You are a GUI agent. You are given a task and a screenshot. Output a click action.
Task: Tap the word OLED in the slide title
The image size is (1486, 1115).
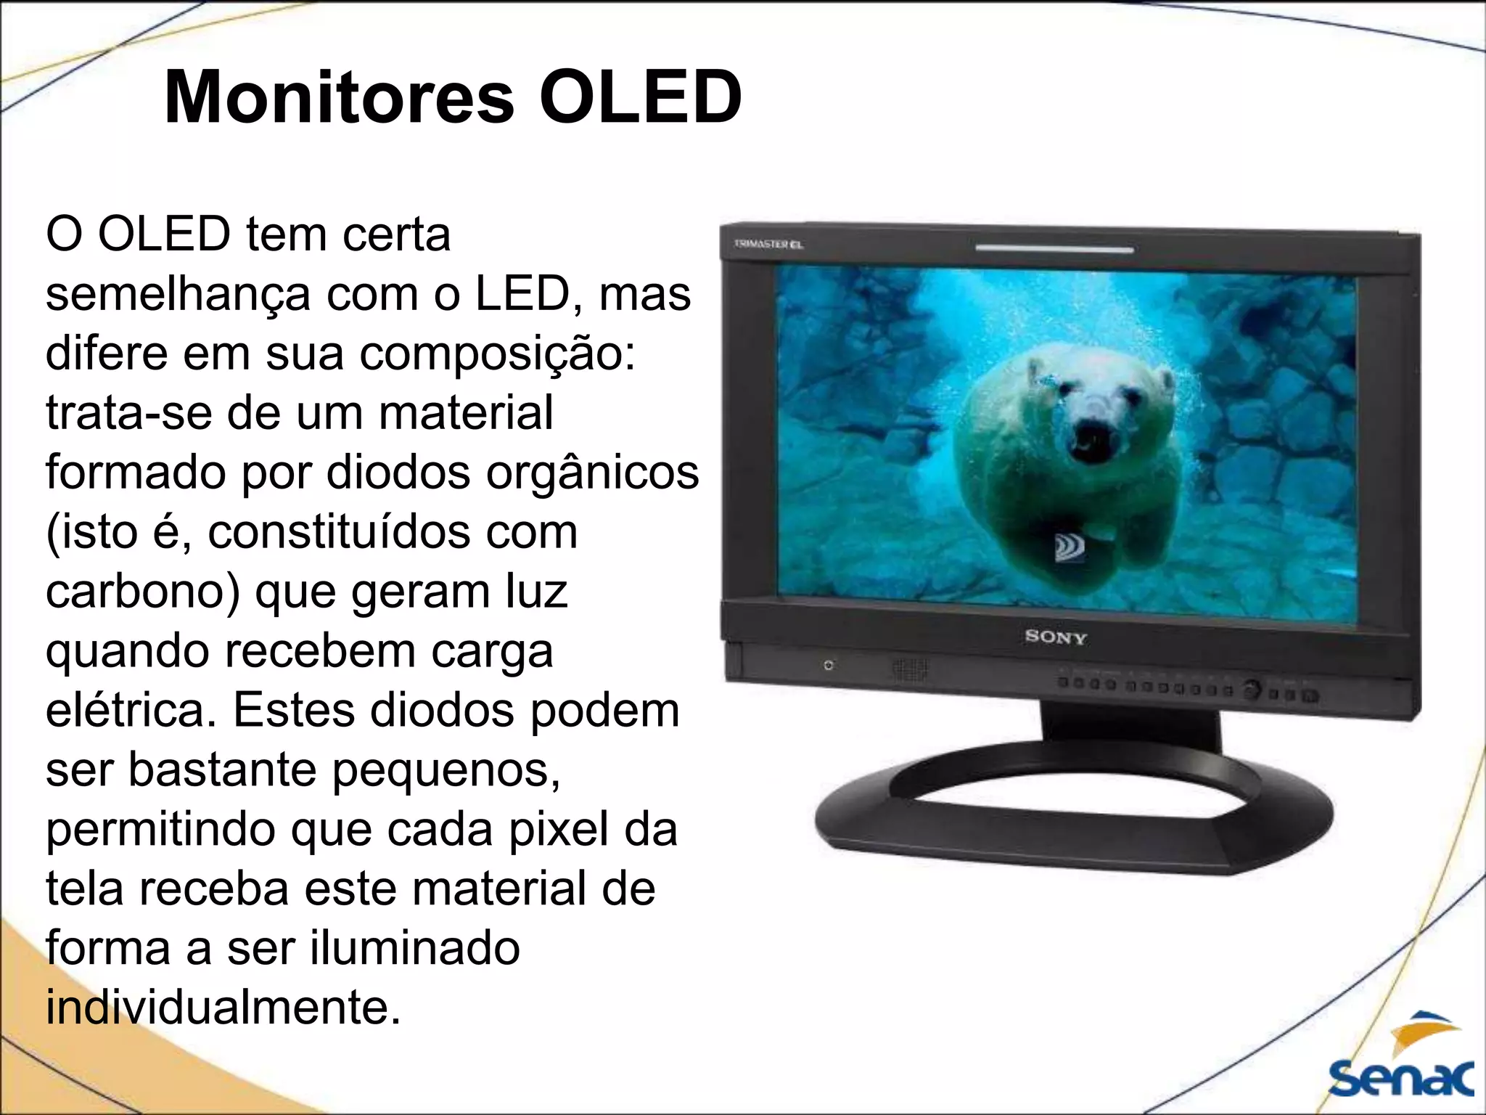pyautogui.click(x=640, y=97)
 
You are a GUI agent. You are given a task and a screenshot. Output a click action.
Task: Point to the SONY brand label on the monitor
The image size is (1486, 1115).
pyautogui.click(x=1056, y=637)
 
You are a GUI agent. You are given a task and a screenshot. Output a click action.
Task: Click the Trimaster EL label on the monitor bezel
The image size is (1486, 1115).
pyautogui.click(x=768, y=245)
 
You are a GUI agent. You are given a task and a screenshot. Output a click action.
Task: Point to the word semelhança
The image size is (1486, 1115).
pyautogui.click(x=178, y=295)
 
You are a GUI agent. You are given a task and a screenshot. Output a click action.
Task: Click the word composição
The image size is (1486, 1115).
pyautogui.click(x=497, y=354)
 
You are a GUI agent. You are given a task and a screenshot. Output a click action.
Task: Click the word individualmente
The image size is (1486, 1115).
pyautogui.click(x=223, y=1008)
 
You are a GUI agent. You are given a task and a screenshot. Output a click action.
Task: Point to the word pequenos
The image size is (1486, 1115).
pyautogui.click(x=446, y=770)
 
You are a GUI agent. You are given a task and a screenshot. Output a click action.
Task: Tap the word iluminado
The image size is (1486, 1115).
pyautogui.click(x=414, y=949)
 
